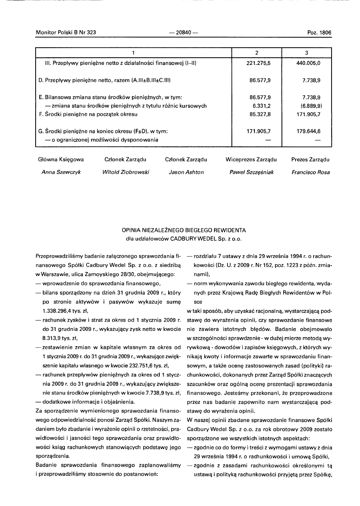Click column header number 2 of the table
click(257, 53)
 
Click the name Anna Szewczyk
click(61, 172)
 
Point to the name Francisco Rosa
click(310, 172)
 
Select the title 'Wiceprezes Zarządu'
click(251, 159)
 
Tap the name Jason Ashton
click(186, 172)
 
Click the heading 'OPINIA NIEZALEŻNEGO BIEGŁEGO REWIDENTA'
click(184, 230)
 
